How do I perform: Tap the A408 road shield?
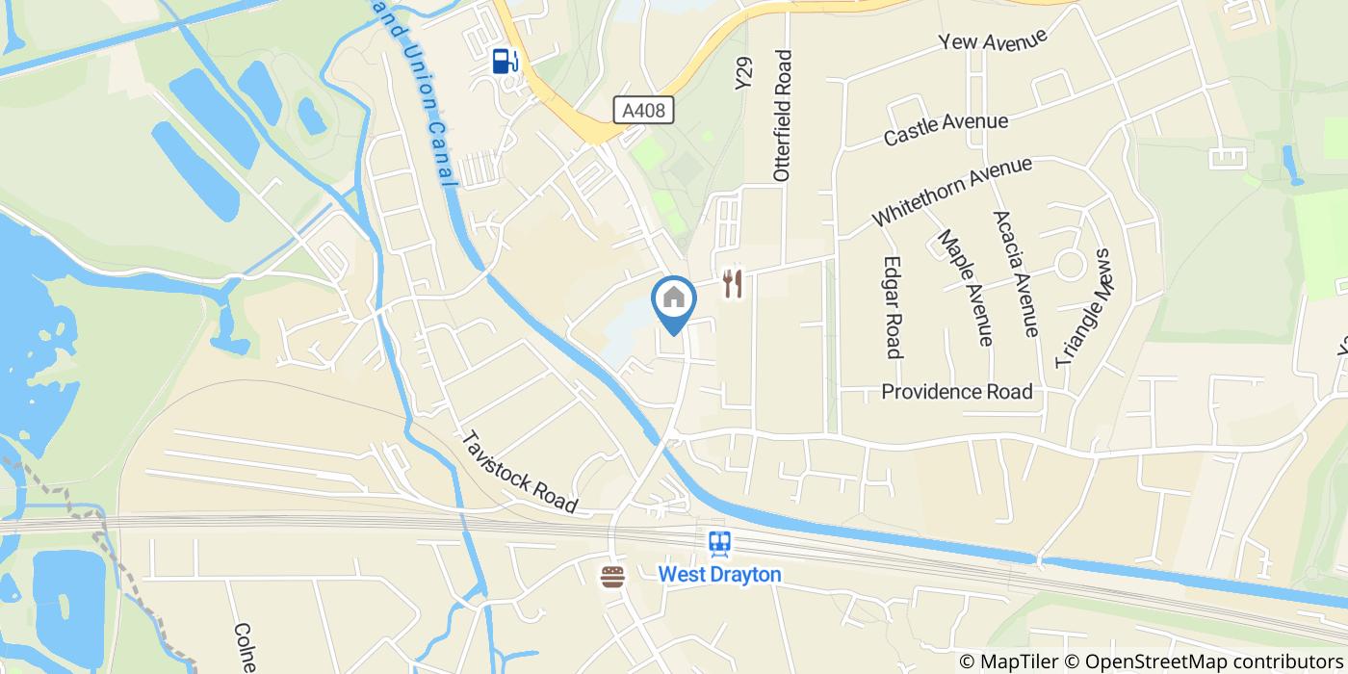(643, 111)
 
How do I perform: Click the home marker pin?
(674, 301)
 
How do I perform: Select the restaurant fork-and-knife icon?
(733, 282)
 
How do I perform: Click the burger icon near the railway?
(612, 576)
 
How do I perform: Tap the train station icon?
(719, 545)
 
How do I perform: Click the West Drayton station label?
(719, 574)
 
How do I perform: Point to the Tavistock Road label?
(519, 470)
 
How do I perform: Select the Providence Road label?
(956, 392)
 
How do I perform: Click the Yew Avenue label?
(994, 41)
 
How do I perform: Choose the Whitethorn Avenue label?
(951, 192)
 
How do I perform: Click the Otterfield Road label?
(782, 116)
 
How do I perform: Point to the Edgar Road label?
(894, 307)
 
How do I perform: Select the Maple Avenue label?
(965, 286)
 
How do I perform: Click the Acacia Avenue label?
(1015, 272)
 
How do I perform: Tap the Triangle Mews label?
(1083, 308)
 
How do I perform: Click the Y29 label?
(742, 73)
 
